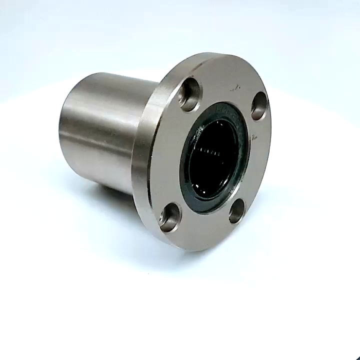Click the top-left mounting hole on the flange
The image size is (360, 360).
pyautogui.click(x=189, y=95)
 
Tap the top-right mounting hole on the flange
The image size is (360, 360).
pyautogui.click(x=259, y=106)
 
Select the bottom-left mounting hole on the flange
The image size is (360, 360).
pyautogui.click(x=170, y=216)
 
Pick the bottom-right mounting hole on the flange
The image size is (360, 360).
pyautogui.click(x=236, y=211)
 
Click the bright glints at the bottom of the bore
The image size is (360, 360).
pyautogui.click(x=210, y=192)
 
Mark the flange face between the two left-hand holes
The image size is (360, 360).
pyautogui.click(x=165, y=155)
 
